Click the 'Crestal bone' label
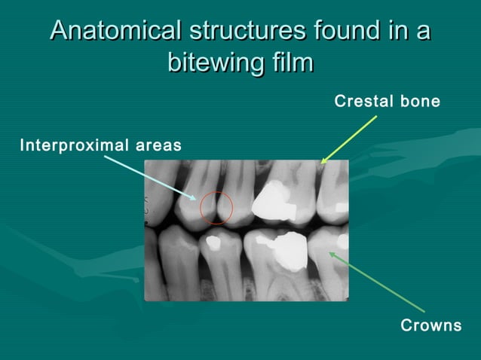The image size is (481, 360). click(x=387, y=101)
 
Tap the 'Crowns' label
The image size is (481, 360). click(x=430, y=325)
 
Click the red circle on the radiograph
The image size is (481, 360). click(x=216, y=207)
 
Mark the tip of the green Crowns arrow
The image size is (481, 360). click(x=329, y=253)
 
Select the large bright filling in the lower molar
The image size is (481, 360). click(x=286, y=249)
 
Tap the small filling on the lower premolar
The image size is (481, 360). click(x=212, y=243)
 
